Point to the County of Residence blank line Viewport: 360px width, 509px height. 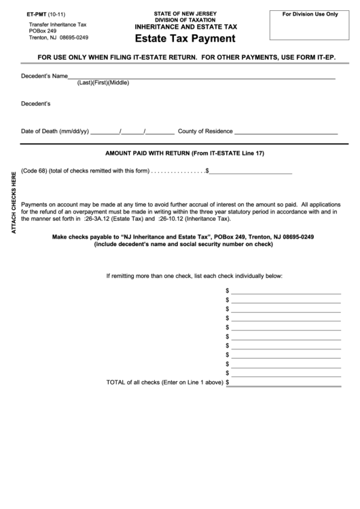(x=286, y=132)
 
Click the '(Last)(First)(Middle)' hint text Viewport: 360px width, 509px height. (x=103, y=83)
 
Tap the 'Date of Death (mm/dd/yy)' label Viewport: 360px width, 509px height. (x=55, y=131)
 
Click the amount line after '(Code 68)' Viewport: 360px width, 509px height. (x=251, y=171)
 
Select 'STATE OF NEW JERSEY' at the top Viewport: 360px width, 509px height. (x=185, y=13)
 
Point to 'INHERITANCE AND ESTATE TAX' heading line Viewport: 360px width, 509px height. (x=185, y=27)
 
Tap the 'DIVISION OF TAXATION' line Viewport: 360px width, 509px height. (x=185, y=20)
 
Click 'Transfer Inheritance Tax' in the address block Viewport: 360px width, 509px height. (x=54, y=24)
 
